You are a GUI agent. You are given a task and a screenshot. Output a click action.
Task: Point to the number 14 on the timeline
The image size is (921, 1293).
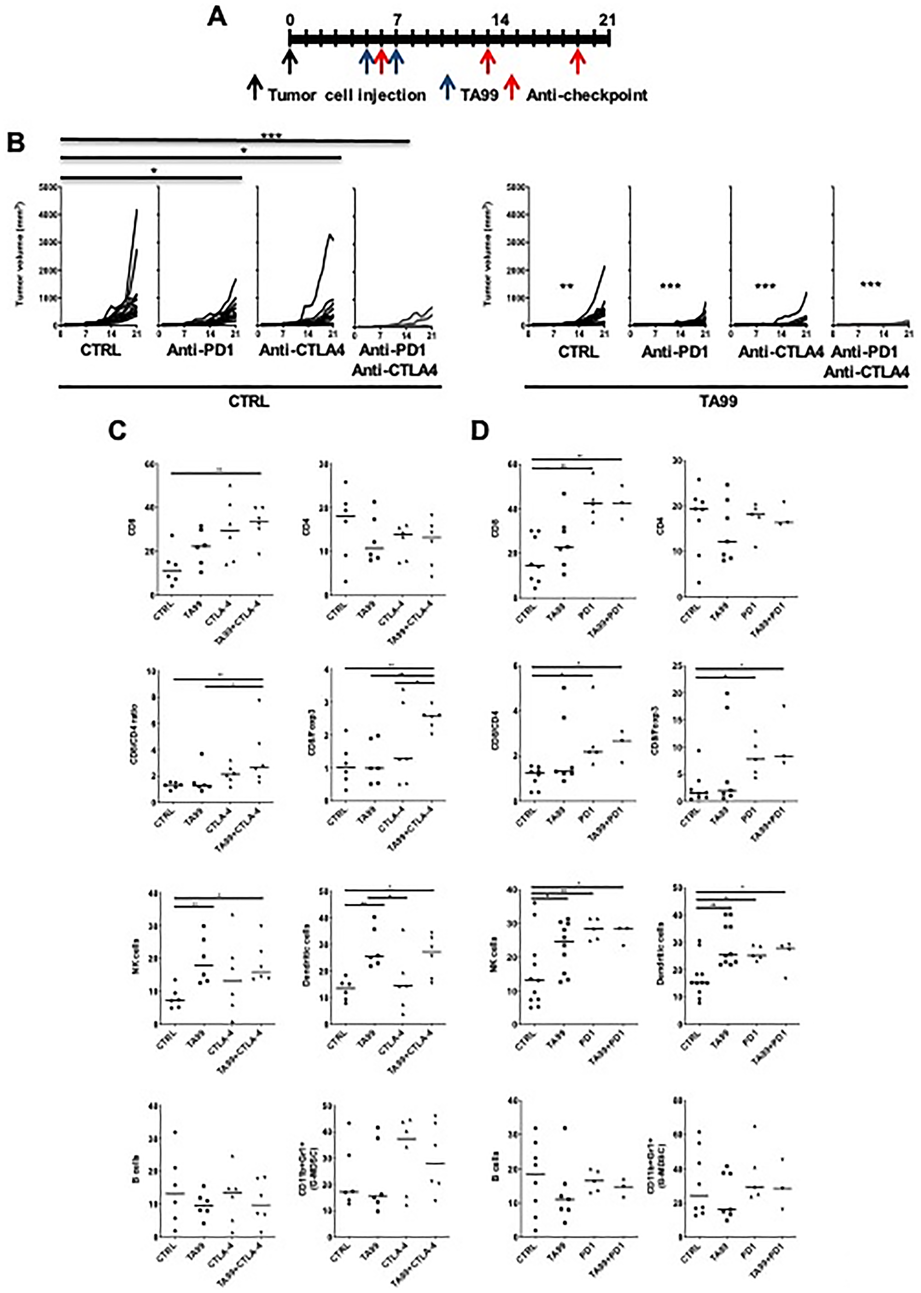500,20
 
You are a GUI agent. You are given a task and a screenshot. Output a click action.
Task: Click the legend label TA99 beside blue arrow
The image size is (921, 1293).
479,95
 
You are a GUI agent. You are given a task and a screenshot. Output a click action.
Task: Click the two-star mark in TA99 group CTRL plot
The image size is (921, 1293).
566,286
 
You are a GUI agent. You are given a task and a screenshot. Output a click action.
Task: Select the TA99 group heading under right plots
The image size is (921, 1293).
718,402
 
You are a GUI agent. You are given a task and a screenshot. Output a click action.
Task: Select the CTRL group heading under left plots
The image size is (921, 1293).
249,402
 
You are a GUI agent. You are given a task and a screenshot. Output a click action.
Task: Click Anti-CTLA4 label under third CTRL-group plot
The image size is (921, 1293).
302,352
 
